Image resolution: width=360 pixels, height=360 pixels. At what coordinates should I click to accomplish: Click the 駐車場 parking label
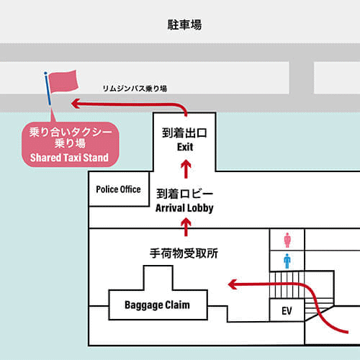point(184,24)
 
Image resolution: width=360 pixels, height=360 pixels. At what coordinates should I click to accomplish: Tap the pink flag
point(63,81)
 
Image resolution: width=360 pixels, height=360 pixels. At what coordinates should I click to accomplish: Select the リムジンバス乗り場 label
point(135,89)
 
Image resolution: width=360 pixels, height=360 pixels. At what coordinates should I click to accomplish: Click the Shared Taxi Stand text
point(69,158)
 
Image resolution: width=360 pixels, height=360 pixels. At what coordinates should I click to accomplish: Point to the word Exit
point(185,147)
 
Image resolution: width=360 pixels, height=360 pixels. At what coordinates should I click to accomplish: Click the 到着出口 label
point(184,133)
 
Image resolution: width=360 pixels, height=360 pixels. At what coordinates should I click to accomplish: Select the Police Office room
point(119,189)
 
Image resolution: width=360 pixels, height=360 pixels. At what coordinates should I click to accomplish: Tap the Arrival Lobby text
point(184,208)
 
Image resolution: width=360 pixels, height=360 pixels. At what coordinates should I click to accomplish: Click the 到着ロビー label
point(184,194)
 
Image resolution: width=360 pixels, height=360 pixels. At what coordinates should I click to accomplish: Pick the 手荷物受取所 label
point(184,253)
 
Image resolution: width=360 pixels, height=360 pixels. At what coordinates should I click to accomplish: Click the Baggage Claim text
point(157,305)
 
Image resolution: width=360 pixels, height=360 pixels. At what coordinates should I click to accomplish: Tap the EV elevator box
point(287,310)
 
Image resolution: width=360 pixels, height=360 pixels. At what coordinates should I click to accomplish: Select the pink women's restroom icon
point(287,240)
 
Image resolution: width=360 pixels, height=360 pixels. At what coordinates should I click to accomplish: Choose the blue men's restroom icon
point(287,261)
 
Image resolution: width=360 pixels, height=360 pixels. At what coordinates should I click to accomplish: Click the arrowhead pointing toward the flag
point(76,104)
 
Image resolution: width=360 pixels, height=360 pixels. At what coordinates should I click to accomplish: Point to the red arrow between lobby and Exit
point(186,169)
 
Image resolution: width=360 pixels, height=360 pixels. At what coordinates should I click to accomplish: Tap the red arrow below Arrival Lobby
point(186,227)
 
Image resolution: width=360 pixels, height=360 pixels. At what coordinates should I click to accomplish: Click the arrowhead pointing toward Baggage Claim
point(233,284)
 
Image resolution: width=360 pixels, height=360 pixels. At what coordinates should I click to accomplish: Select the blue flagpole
point(48,89)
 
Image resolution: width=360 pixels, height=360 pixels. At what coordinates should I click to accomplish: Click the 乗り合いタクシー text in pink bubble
point(71,132)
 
